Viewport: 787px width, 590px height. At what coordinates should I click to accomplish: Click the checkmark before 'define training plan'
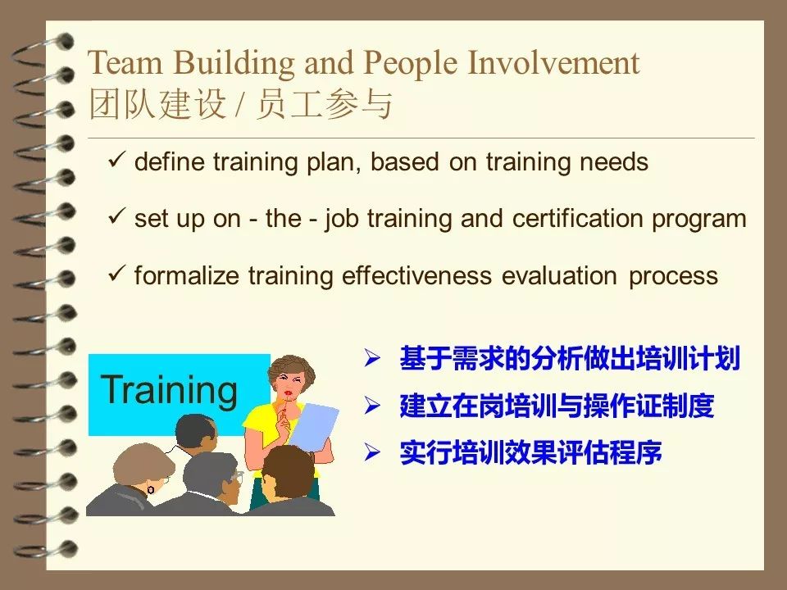(x=116, y=161)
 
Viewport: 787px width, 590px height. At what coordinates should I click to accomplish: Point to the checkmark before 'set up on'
(x=116, y=219)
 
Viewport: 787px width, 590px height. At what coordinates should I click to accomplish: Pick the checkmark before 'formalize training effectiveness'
(x=116, y=275)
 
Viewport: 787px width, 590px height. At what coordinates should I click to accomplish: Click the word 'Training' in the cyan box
(x=170, y=390)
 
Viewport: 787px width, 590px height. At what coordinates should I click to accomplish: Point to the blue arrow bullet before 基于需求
(x=373, y=358)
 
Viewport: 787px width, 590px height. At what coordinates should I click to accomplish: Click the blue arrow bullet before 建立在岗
(x=373, y=405)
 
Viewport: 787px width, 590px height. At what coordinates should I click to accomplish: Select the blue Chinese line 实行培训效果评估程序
(x=530, y=452)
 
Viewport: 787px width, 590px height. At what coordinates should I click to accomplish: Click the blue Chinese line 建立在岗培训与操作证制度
(x=557, y=406)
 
